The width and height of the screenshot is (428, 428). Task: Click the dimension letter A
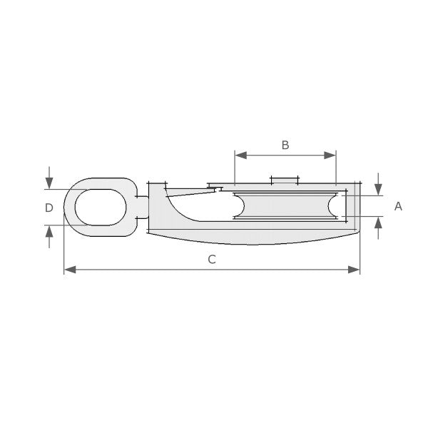click(x=398, y=206)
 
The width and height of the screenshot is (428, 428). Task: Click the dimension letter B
click(x=285, y=145)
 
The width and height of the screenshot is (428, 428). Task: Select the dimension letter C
click(x=212, y=260)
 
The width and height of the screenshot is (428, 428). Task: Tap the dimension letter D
click(x=49, y=208)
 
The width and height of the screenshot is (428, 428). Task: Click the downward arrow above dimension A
click(x=378, y=188)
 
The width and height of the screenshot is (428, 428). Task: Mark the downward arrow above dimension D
click(x=49, y=183)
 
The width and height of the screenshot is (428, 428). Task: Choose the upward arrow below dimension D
click(x=49, y=232)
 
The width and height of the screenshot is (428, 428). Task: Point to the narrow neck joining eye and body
click(x=142, y=207)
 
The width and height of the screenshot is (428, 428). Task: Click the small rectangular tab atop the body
click(x=284, y=179)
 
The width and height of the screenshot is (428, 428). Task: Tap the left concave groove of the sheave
click(x=240, y=205)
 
